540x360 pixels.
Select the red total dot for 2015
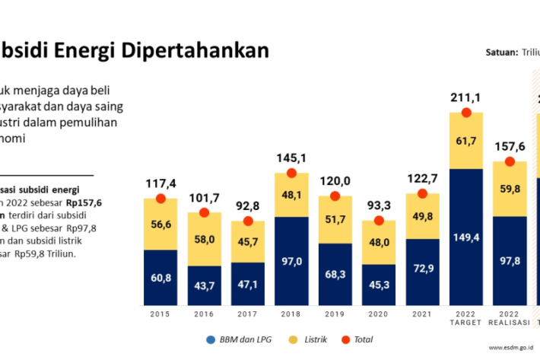[x=160, y=199]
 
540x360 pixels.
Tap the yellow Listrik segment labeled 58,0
[x=204, y=239]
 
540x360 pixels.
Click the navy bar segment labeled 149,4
[x=466, y=237]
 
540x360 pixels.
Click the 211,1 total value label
[x=466, y=97]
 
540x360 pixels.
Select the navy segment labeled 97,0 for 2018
[x=291, y=261]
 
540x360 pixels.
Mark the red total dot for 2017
[x=248, y=221]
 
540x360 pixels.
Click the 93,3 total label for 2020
[x=378, y=205]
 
